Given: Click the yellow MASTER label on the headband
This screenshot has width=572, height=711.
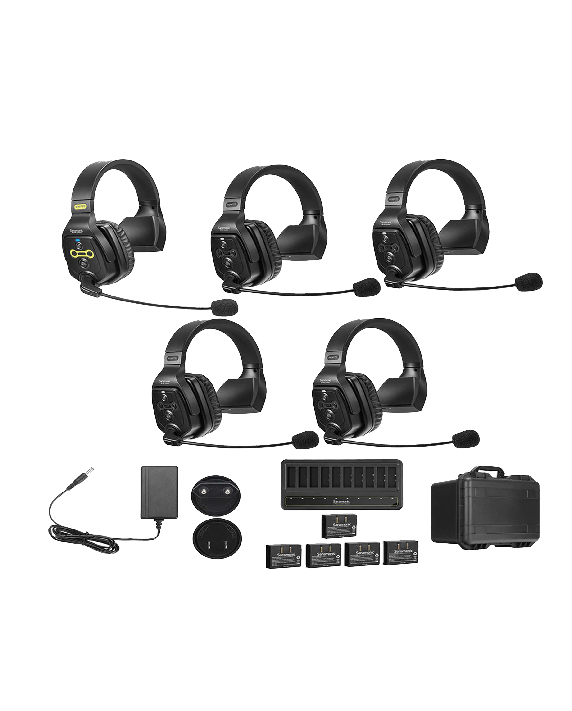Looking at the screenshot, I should pos(80,206).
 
